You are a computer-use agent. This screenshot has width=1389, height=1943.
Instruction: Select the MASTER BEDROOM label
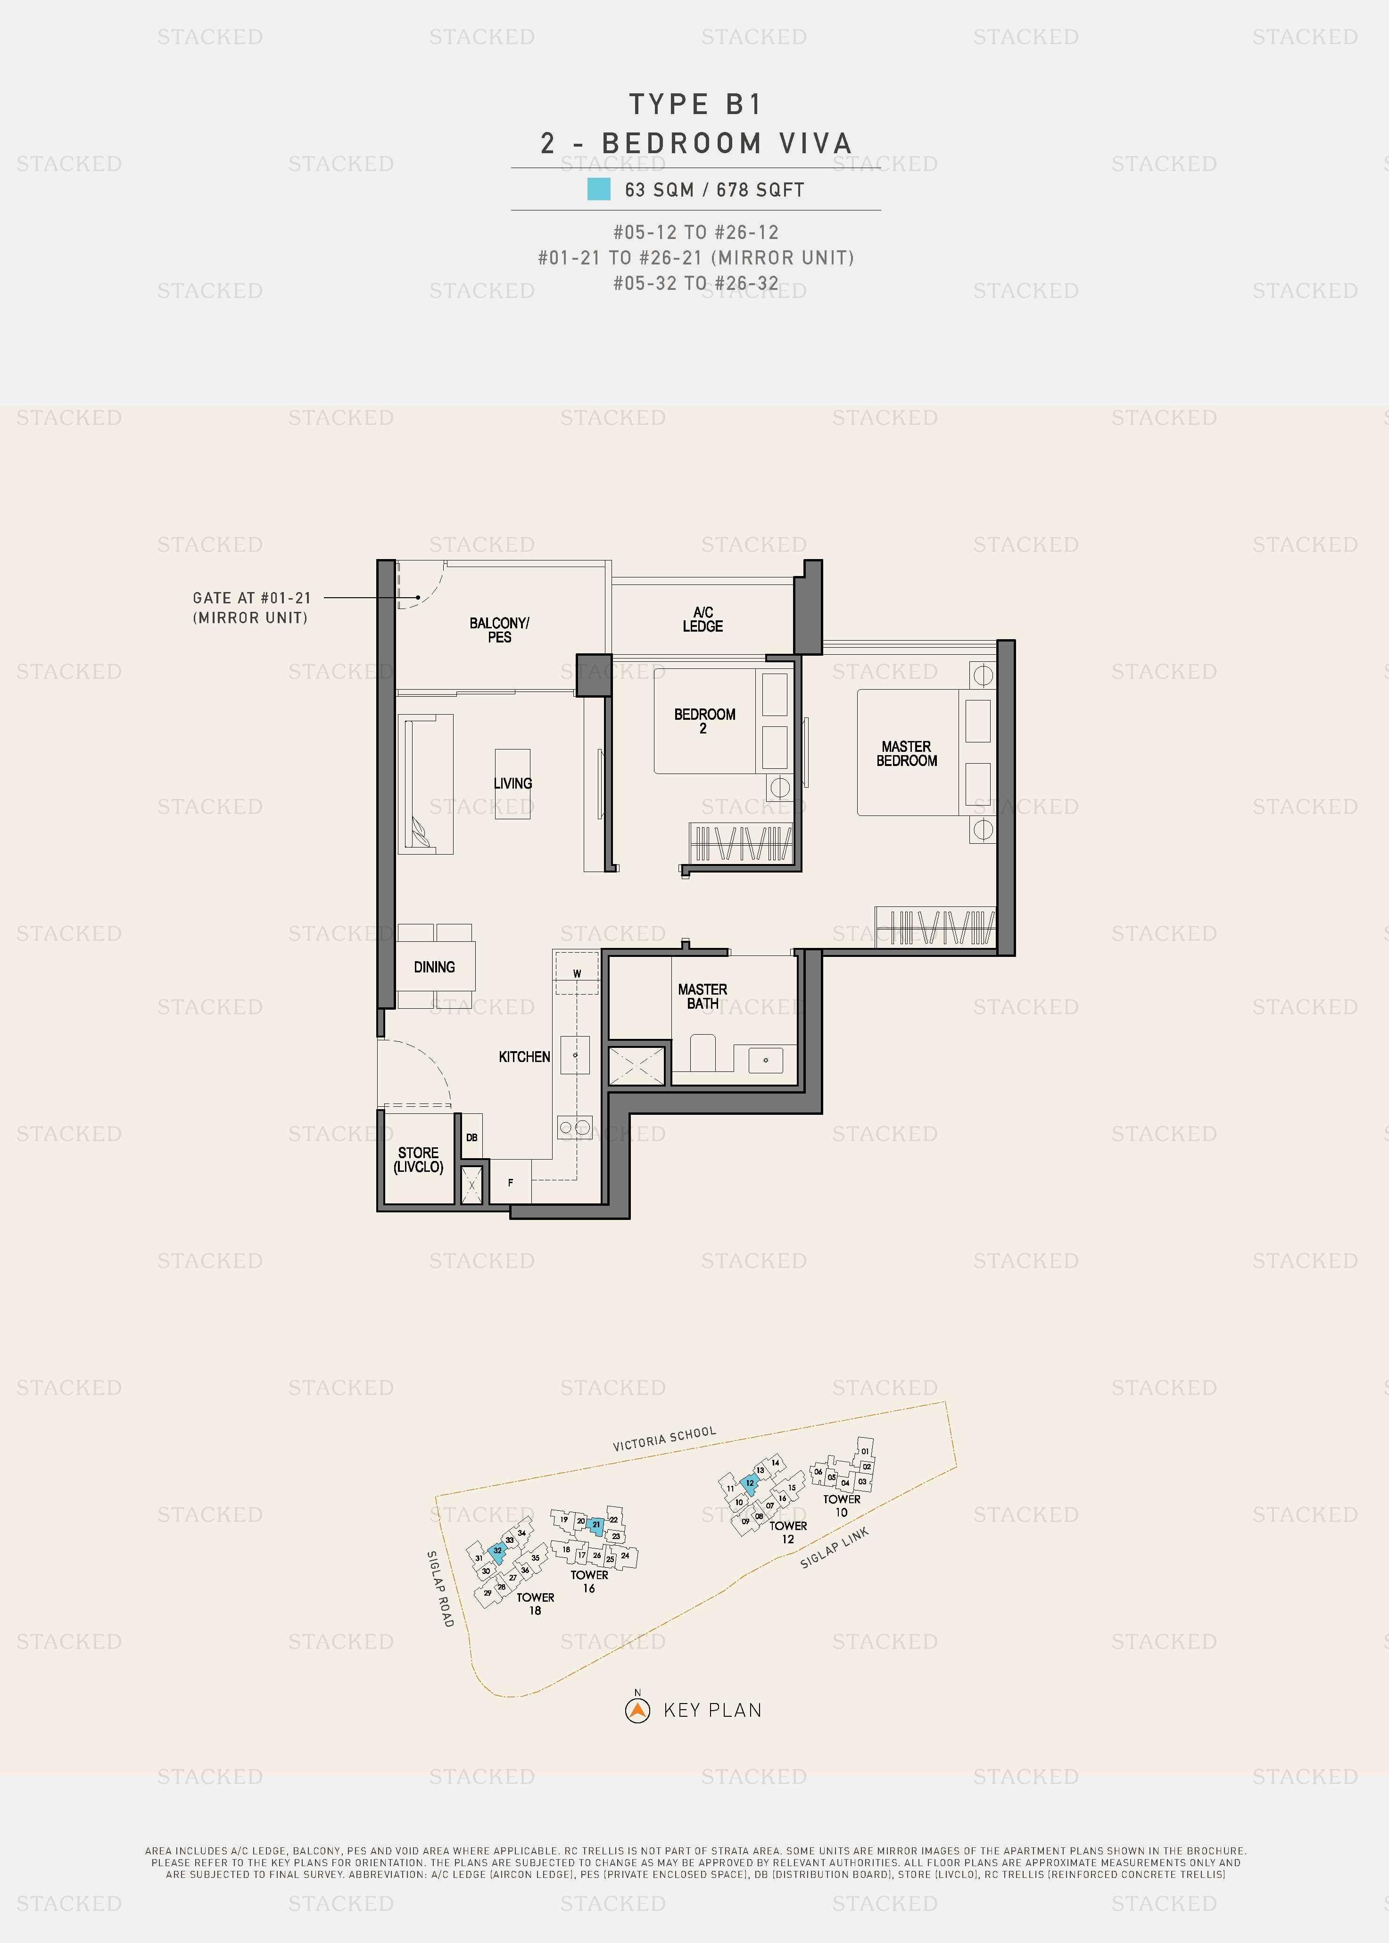(x=907, y=753)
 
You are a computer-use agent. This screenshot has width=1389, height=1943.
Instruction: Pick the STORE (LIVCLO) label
(x=418, y=1160)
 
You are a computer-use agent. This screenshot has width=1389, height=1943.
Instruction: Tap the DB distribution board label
(x=472, y=1137)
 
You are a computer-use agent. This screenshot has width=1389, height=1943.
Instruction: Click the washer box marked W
(x=577, y=973)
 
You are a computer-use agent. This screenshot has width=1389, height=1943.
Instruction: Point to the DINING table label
(x=435, y=967)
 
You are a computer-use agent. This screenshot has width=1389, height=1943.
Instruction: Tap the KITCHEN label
(x=524, y=1057)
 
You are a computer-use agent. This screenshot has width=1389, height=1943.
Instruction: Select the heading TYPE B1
(x=695, y=104)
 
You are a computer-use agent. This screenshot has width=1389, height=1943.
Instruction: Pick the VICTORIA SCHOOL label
(x=665, y=1439)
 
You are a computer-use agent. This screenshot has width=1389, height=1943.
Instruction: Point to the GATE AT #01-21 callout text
(x=251, y=607)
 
